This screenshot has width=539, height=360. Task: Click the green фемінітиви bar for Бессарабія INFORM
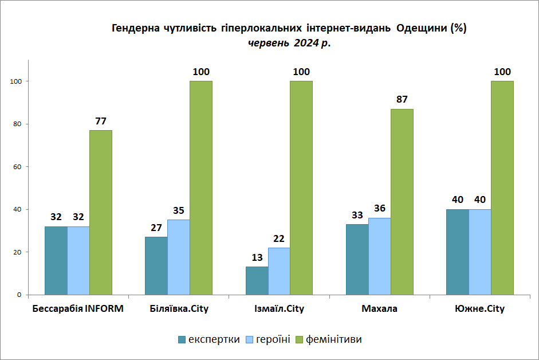pos(101,212)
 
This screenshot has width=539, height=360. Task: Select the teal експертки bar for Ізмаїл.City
pos(257,280)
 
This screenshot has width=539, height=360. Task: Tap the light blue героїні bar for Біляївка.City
pos(179,257)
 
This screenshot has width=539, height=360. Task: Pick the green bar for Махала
pos(402,202)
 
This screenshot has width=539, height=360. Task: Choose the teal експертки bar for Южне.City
pos(457,252)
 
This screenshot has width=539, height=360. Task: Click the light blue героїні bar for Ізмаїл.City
pos(279,271)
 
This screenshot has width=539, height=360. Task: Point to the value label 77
pos(101,121)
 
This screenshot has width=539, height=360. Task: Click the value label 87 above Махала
pos(402,100)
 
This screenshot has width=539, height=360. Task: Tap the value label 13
pos(257,257)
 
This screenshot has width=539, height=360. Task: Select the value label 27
pos(156,228)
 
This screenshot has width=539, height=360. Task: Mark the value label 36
pos(379,209)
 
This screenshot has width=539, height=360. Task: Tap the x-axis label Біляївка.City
pos(179,309)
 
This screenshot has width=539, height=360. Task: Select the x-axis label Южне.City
pos(479,309)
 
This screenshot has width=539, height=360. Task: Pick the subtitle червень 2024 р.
pos(289,42)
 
